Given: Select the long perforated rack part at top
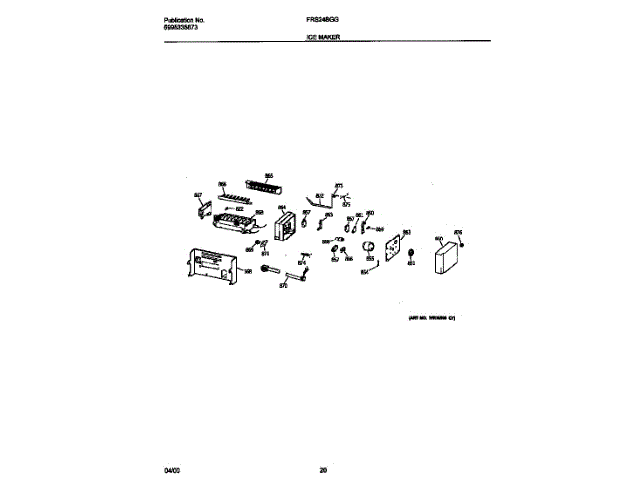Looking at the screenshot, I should click(x=266, y=187).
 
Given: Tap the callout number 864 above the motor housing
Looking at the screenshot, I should click(x=282, y=208).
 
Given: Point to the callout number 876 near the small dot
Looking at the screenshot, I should click(x=458, y=233).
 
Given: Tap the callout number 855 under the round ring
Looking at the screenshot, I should click(x=370, y=258).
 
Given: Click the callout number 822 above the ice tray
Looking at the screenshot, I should click(x=240, y=209).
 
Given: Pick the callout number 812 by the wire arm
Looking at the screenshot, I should click(x=320, y=195).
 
